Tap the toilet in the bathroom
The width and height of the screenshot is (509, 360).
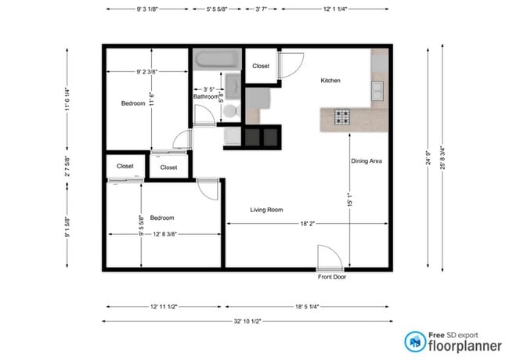[229, 110]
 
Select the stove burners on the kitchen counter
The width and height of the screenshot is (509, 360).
[343, 118]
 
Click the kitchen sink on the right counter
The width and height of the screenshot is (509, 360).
[378, 90]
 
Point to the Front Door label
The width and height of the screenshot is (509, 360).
[332, 277]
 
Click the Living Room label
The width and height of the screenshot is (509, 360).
[266, 210]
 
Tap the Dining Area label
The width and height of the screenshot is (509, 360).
[366, 161]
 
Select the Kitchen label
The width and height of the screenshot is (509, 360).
[330, 81]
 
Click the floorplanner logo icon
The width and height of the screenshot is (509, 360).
[415, 341]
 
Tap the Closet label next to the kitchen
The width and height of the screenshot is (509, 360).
[261, 66]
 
